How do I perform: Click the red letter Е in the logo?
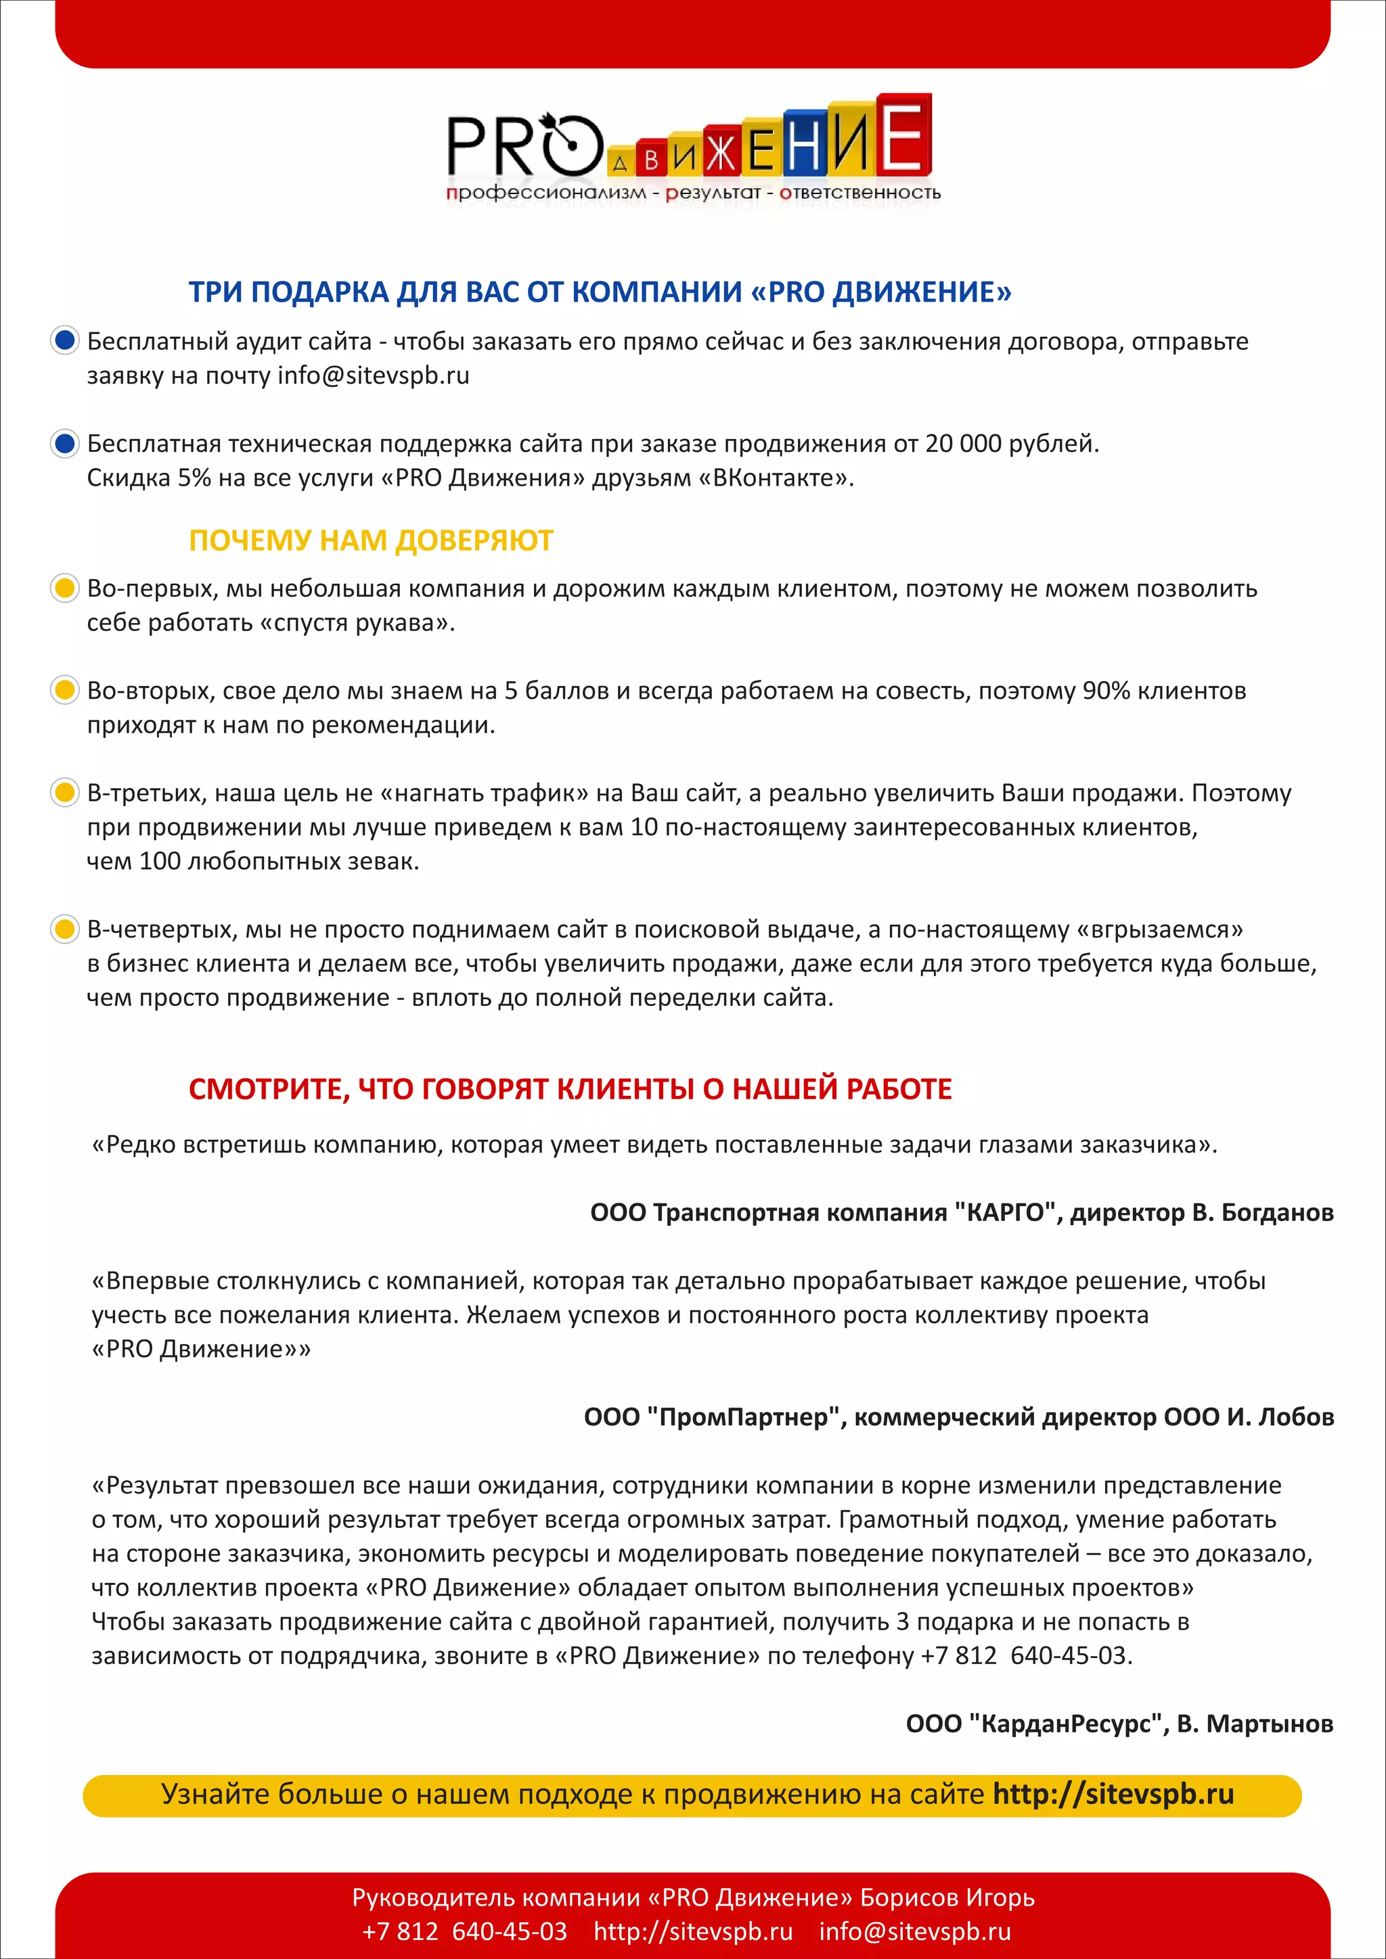903,137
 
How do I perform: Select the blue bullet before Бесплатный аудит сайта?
65,340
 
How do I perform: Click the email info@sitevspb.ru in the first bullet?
373,375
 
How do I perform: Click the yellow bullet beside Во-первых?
65,588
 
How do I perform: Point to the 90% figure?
1105,690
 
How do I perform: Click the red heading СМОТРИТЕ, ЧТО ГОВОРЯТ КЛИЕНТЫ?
569,1088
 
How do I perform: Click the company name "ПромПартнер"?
744,1417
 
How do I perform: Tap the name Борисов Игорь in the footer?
947,1897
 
